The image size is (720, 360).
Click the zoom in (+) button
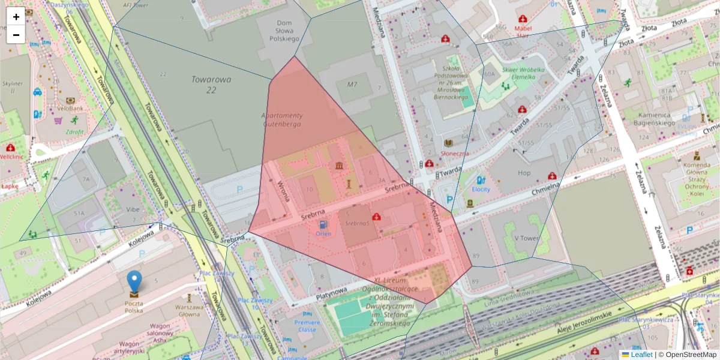click(16, 16)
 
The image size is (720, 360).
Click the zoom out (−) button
click(16, 34)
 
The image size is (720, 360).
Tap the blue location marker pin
click(134, 282)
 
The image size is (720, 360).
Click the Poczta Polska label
click(134, 307)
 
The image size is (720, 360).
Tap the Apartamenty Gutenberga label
click(282, 119)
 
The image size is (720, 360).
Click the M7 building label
click(352, 85)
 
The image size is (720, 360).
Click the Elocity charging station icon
click(481, 179)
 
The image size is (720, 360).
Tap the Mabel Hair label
click(523, 31)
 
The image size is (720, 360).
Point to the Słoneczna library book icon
click(448, 143)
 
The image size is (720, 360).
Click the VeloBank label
click(70, 109)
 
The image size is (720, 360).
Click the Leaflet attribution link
click(641, 355)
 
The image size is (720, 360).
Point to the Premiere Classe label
click(307, 326)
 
